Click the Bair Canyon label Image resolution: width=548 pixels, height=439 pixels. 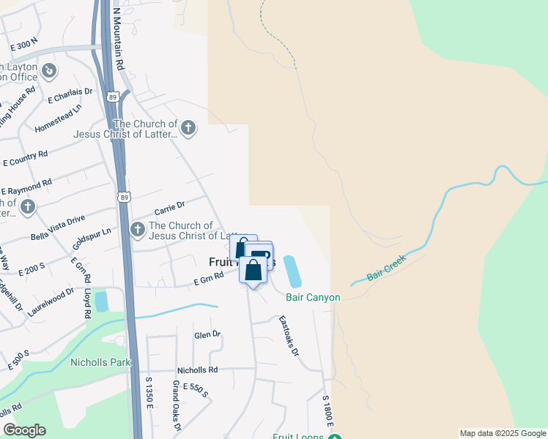coord(313,297)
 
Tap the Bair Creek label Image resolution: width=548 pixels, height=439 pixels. coord(385,274)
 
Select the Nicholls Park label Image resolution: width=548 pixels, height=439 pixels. coord(100,362)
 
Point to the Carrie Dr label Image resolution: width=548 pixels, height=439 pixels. coord(169,206)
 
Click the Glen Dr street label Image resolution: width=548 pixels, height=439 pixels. coord(207,334)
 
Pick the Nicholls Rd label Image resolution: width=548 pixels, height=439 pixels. coord(197,370)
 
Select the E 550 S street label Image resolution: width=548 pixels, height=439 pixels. coord(196,390)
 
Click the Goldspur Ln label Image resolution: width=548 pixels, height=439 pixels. coord(92,240)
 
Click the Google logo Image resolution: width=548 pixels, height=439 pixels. coord(24,430)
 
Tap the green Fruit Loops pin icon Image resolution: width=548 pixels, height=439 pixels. coord(334,438)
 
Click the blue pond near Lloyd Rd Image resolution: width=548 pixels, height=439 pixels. coord(101,301)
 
